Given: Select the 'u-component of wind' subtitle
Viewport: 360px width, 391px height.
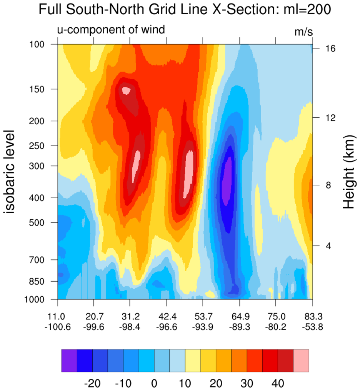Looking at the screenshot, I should (x=111, y=29).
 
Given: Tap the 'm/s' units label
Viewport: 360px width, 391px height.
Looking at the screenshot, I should (x=303, y=32).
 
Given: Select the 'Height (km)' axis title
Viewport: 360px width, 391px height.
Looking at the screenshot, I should (x=348, y=172).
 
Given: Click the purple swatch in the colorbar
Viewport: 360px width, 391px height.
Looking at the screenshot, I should (x=69, y=361).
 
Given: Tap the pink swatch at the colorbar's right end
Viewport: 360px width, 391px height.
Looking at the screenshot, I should (x=301, y=361).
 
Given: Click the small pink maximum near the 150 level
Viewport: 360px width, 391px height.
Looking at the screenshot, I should (x=126, y=91).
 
